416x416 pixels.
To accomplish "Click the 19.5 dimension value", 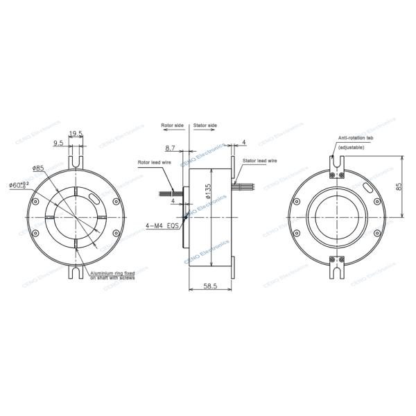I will pyautogui.click(x=76, y=134).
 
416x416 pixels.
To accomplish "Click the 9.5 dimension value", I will pyautogui.click(x=59, y=144).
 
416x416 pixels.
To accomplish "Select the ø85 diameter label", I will pyautogui.click(x=38, y=168).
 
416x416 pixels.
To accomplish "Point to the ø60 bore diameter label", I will pyautogui.click(x=21, y=185).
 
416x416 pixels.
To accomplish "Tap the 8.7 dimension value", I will pyautogui.click(x=170, y=148).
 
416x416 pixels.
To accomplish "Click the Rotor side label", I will pyautogui.click(x=173, y=125).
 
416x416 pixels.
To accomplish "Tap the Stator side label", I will pyautogui.click(x=205, y=125).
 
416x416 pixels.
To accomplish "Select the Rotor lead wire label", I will pyautogui.click(x=153, y=162).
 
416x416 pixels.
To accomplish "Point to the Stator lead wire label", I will pyautogui.click(x=260, y=160).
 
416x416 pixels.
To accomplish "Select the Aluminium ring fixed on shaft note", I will pyautogui.click(x=112, y=275).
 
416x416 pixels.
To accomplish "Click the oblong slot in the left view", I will pyautogui.click(x=94, y=197).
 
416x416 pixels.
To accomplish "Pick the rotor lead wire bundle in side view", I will pyautogui.click(x=169, y=193).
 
